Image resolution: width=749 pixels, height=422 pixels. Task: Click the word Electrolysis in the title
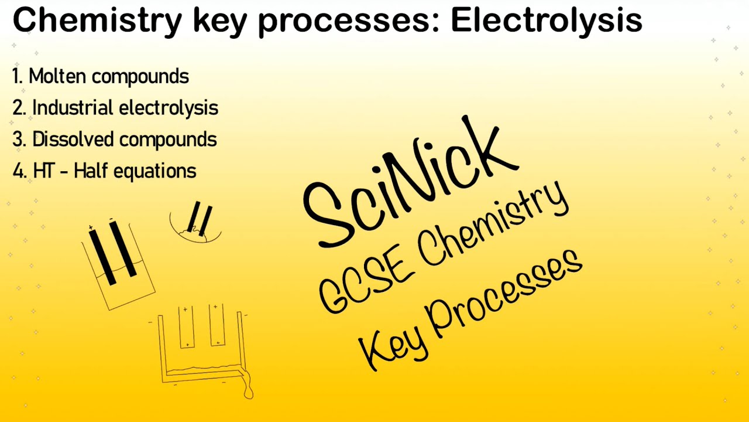(x=546, y=21)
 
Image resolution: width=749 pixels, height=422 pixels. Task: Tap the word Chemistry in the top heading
(x=97, y=21)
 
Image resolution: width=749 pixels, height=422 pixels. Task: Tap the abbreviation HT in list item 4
(x=44, y=171)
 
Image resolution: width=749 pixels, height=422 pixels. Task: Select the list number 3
(x=18, y=139)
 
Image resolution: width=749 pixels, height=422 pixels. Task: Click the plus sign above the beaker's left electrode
(x=91, y=227)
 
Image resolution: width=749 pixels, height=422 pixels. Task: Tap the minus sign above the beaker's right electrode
(x=111, y=220)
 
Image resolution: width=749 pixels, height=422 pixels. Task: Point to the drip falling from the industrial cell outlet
(x=249, y=390)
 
